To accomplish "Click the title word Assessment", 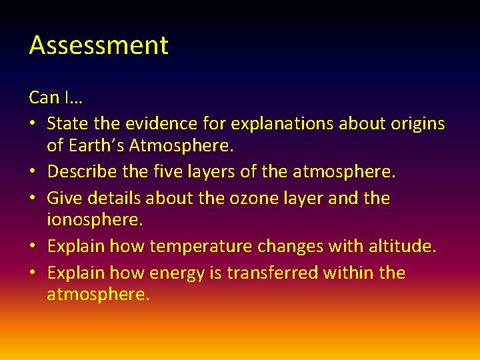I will click(99, 45).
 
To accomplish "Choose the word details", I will click(115, 198).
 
